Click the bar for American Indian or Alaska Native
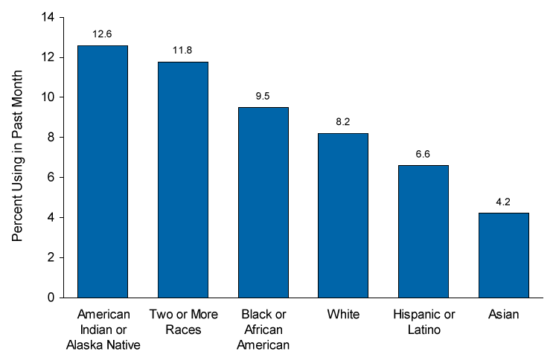(x=103, y=172)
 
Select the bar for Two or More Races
(x=183, y=180)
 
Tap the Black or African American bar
(x=263, y=202)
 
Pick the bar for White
(x=343, y=216)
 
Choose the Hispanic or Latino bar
(x=424, y=231)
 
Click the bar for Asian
(x=503, y=255)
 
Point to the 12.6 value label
(x=102, y=34)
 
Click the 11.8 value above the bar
(x=182, y=51)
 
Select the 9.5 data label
(x=263, y=96)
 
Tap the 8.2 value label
(x=343, y=122)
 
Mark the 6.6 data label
(x=423, y=154)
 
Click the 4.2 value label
(x=503, y=202)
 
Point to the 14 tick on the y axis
(x=48, y=17)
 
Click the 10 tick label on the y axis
(x=48, y=97)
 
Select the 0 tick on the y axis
(x=51, y=298)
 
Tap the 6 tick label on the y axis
(x=51, y=177)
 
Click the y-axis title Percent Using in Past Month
(x=17, y=156)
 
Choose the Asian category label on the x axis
(x=503, y=315)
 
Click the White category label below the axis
(x=343, y=315)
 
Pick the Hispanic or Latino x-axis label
(x=424, y=322)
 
